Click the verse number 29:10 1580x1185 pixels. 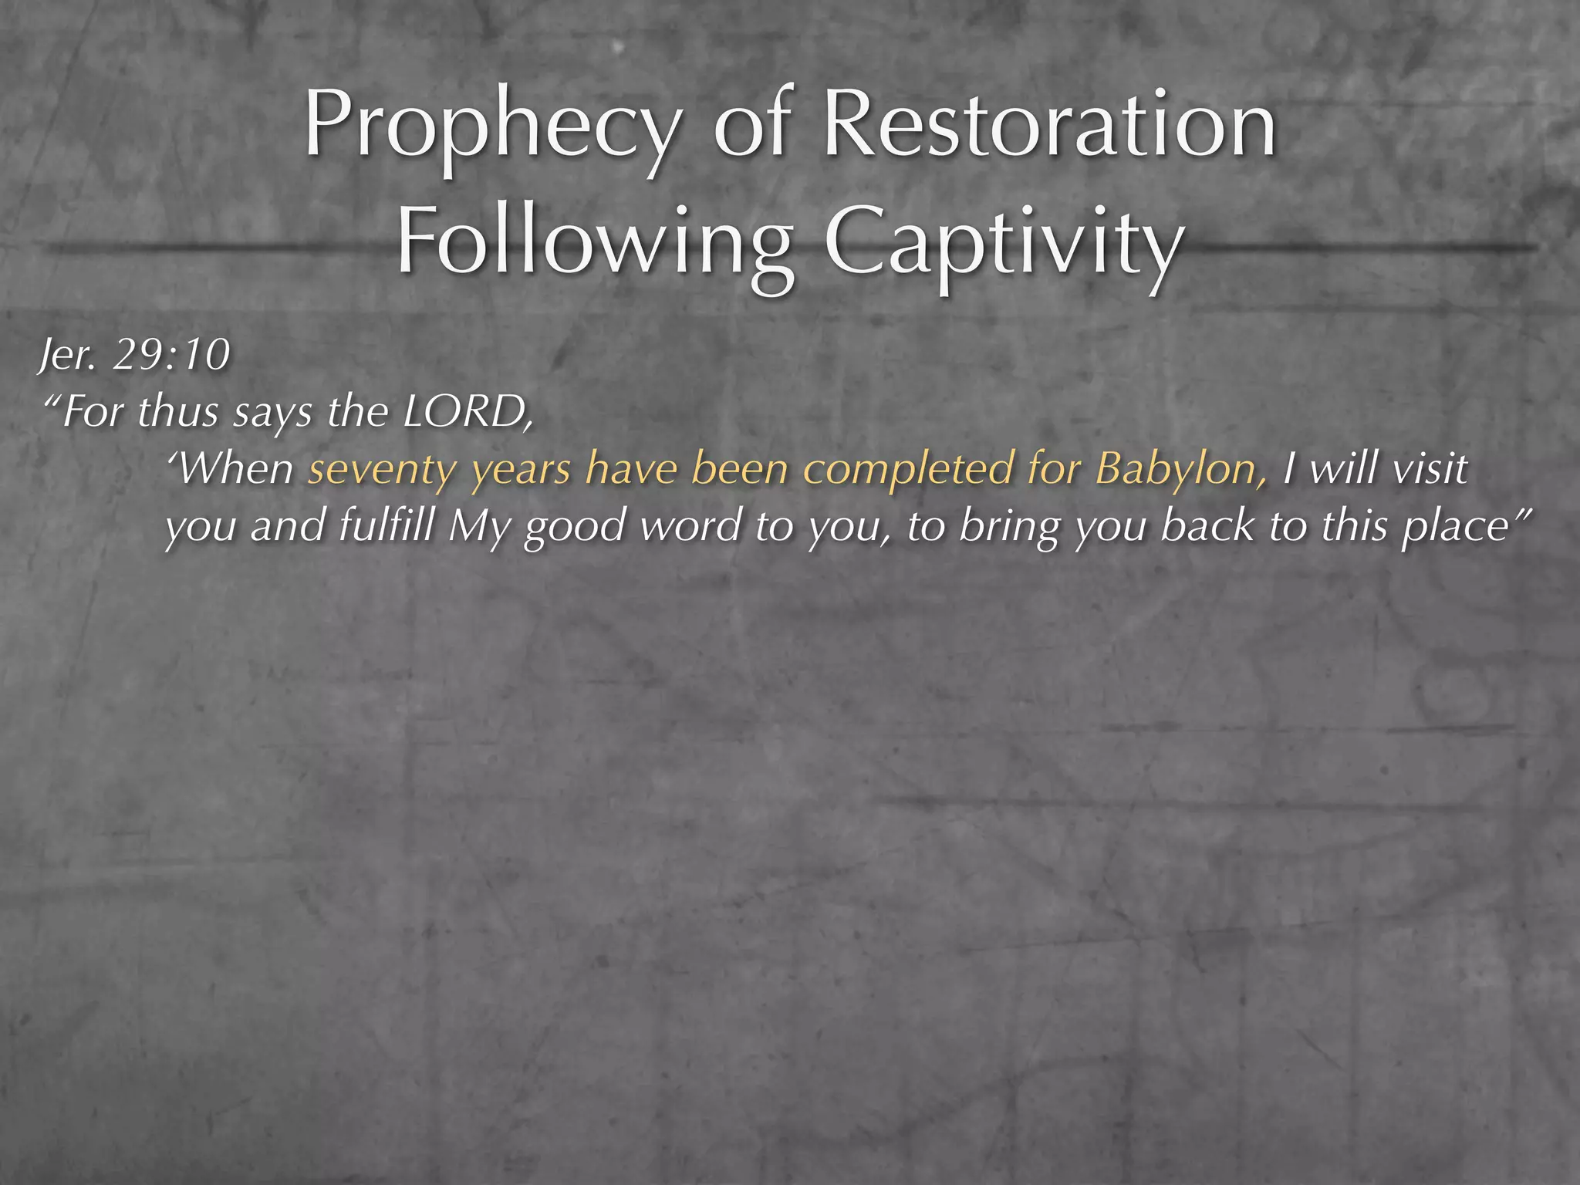tap(171, 355)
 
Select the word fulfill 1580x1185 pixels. tap(386, 527)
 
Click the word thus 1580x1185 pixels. tap(178, 412)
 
